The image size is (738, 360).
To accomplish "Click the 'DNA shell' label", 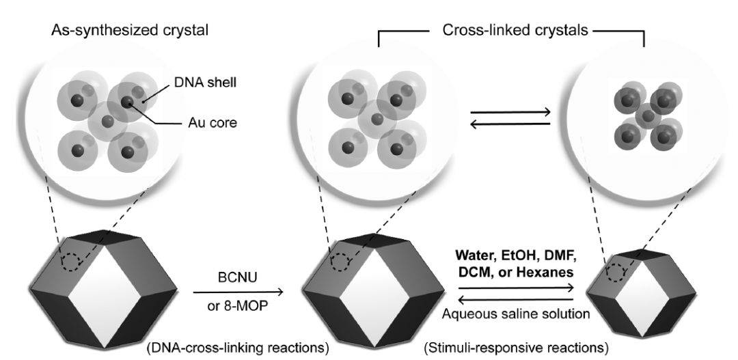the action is pyautogui.click(x=209, y=83).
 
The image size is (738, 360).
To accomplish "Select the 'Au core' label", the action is pyautogui.click(x=210, y=124).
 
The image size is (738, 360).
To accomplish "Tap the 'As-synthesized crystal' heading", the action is pyautogui.click(x=129, y=31).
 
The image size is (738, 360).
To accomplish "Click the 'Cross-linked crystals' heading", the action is pyautogui.click(x=515, y=31).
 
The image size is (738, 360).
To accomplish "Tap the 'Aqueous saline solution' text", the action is pyautogui.click(x=516, y=314).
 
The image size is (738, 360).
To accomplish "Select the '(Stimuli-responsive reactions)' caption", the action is pyautogui.click(x=516, y=348).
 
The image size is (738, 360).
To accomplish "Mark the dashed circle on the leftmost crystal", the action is pyautogui.click(x=72, y=261).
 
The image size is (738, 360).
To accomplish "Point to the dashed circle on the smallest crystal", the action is pyautogui.click(x=615, y=272).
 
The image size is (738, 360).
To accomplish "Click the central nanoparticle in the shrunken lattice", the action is pyautogui.click(x=648, y=115).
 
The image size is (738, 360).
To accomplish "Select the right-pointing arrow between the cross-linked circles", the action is pyautogui.click(x=510, y=113).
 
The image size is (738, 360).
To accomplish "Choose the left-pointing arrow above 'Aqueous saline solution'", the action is pyautogui.click(x=515, y=299).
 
